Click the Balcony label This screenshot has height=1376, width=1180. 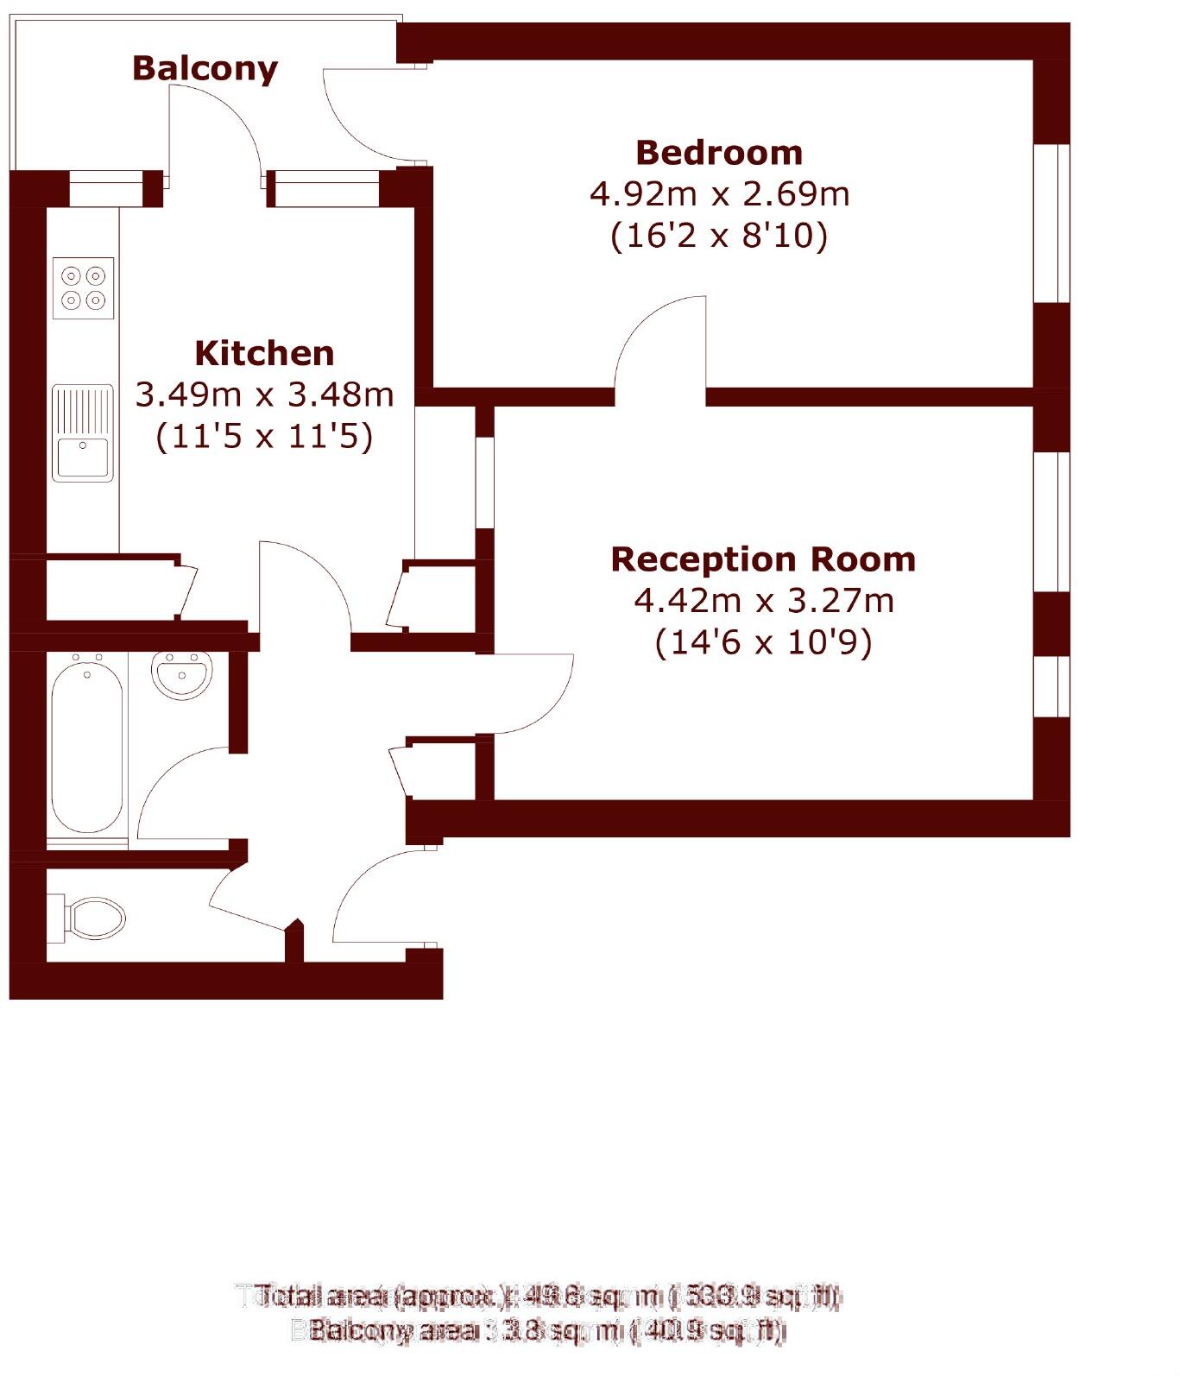tap(205, 68)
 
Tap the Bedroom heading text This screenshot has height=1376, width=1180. tap(719, 153)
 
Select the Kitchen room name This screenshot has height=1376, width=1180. tap(264, 354)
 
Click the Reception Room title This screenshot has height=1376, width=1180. tap(762, 559)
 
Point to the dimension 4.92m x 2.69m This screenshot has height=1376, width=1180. tap(719, 194)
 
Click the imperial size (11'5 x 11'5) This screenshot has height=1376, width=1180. tap(264, 436)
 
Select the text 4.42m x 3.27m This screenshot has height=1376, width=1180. tap(763, 601)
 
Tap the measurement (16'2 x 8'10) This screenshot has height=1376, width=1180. tap(719, 236)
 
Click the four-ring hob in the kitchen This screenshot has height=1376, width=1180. tap(83, 287)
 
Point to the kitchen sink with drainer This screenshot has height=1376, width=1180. tap(83, 432)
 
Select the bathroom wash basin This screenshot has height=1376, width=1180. tap(181, 673)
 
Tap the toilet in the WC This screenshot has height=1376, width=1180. tap(91, 917)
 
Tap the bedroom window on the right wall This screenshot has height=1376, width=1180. tap(1051, 223)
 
